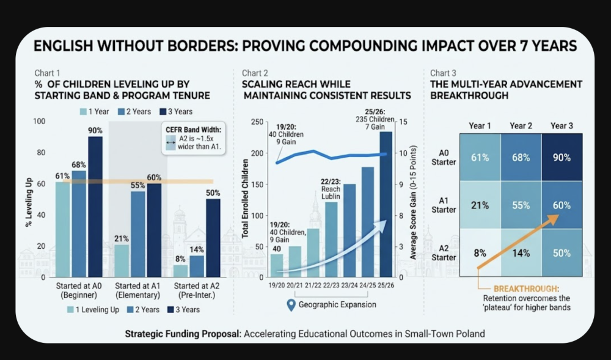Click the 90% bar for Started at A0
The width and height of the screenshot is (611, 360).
(95, 207)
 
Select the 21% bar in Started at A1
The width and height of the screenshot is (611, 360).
(122, 260)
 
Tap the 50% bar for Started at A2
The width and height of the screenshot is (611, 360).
(213, 238)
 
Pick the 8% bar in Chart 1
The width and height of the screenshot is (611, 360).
(180, 271)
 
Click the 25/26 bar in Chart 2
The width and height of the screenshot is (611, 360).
(386, 204)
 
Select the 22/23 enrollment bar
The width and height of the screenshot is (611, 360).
(331, 240)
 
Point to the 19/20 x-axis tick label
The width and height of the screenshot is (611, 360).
(277, 285)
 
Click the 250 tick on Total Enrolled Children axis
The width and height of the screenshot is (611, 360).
(257, 122)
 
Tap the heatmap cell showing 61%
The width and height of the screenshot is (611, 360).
(480, 158)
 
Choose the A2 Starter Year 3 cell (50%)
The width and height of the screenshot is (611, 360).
(562, 253)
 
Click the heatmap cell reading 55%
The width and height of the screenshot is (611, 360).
(521, 205)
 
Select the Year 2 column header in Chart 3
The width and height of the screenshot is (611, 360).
(521, 126)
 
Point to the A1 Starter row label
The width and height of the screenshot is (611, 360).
(444, 205)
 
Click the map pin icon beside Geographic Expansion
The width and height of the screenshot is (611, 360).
(291, 305)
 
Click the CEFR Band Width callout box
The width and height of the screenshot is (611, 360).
(194, 138)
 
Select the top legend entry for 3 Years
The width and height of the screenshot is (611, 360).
(176, 112)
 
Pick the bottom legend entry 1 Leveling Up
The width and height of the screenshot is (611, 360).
(93, 310)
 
